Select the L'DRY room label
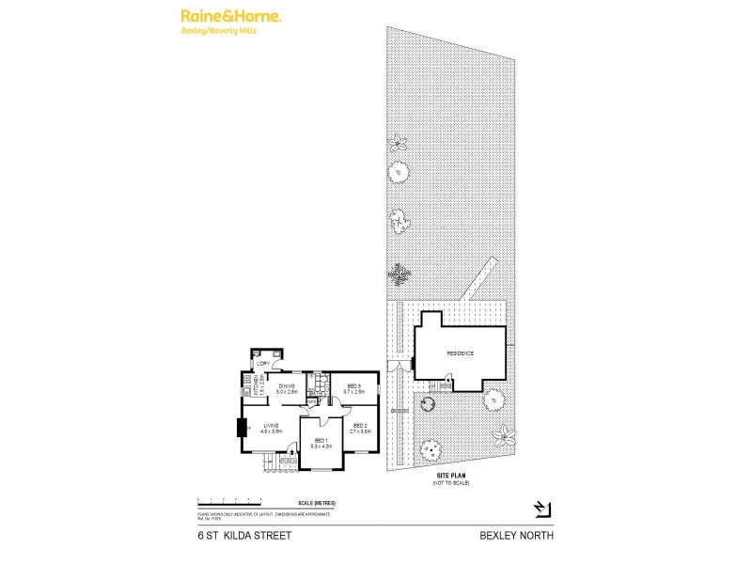(263, 364)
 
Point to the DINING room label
(287, 387)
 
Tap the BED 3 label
(354, 387)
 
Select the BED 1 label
(321, 443)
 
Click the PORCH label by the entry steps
(286, 461)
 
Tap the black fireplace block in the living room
(242, 429)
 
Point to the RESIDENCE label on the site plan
(460, 352)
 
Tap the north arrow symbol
(541, 509)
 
